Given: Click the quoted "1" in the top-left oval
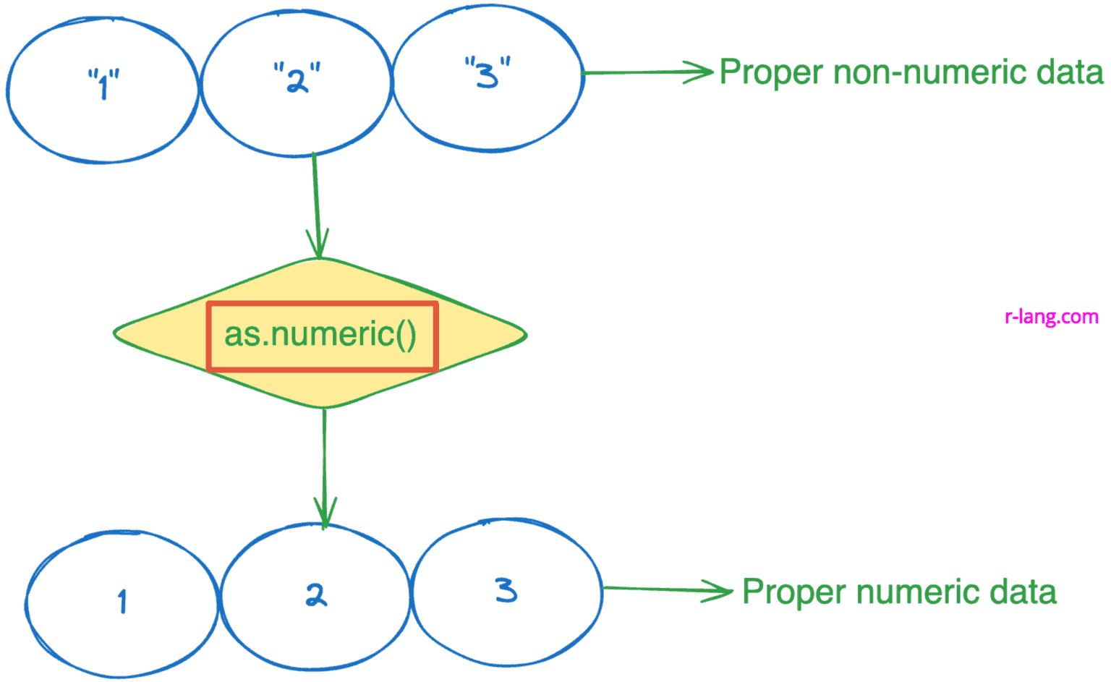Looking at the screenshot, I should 103,83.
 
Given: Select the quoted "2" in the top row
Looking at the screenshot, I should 297,77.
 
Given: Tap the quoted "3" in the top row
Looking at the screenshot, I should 488,72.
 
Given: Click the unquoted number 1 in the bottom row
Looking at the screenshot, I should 122,601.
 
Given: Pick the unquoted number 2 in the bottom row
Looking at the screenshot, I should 316,594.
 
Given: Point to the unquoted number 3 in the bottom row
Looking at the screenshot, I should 506,589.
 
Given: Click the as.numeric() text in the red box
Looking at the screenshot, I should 320,335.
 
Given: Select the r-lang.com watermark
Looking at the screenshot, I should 1051,317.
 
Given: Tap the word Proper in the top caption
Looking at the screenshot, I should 771,73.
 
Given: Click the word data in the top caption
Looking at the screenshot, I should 1070,73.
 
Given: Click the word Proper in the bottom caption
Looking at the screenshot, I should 794,592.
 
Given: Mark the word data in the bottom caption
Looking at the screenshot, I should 1023,592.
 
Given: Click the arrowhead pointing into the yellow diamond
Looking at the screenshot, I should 318,246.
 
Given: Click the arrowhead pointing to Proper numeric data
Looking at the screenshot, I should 720,591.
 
